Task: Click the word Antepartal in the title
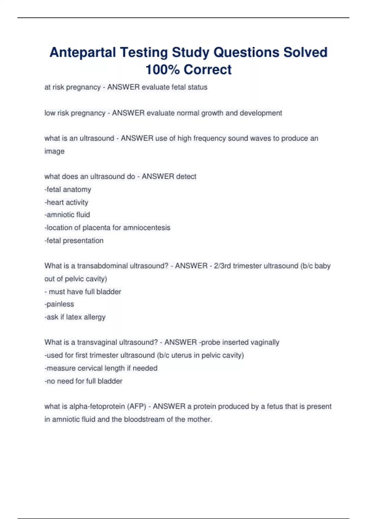click(83, 52)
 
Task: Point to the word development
click(261, 113)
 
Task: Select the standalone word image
click(54, 151)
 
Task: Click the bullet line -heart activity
click(66, 202)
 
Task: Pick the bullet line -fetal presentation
click(74, 241)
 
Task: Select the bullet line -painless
click(59, 304)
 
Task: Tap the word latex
click(74, 317)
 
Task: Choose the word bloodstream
click(144, 419)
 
